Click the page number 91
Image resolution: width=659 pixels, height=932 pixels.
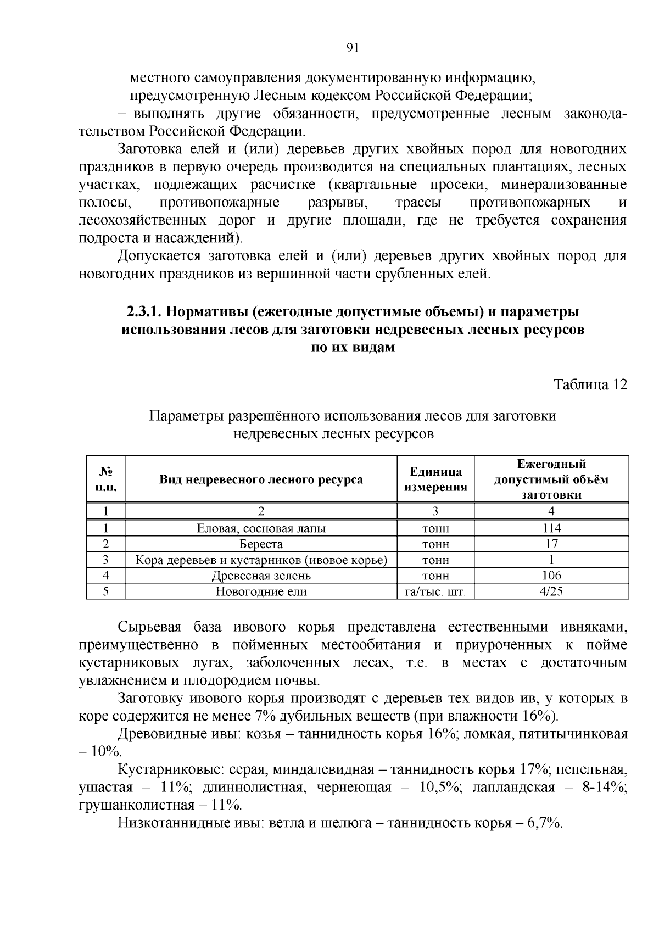[353, 48]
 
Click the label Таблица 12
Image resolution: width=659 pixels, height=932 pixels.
[590, 384]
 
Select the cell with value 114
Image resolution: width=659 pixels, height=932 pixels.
[551, 528]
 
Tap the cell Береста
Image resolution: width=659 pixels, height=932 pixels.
[261, 544]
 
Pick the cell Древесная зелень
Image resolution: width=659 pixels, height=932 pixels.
[261, 576]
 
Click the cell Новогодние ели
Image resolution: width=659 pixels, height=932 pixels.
[261, 591]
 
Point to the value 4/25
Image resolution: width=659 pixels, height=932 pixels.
[551, 591]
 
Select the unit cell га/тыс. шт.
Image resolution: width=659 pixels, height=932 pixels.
[435, 592]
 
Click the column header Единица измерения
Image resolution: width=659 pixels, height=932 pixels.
[435, 479]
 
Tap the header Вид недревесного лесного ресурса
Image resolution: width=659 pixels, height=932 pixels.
[261, 479]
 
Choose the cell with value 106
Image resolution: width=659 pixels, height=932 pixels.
[551, 576]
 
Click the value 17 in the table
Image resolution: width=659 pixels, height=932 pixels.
[551, 544]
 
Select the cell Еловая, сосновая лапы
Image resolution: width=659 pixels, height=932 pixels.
[261, 528]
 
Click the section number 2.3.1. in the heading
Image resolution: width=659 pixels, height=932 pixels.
[144, 312]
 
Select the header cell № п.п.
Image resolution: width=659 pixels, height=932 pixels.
[105, 479]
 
